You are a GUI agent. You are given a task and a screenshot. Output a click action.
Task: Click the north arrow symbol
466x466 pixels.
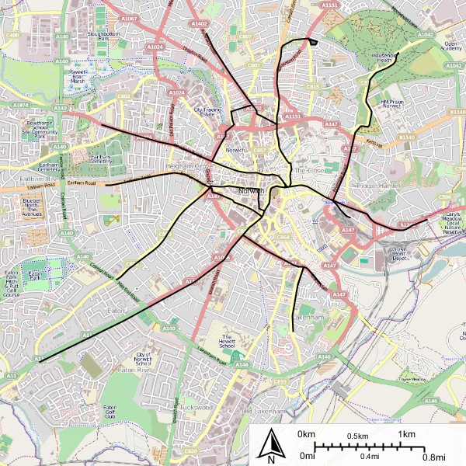[271, 446]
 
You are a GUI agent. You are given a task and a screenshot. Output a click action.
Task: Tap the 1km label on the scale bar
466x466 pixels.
[405, 433]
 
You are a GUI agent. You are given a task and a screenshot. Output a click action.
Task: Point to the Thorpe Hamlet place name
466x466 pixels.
[376, 186]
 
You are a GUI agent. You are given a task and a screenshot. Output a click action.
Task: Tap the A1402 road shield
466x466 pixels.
[199, 24]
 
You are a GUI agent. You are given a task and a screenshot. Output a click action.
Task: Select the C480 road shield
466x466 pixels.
[12, 35]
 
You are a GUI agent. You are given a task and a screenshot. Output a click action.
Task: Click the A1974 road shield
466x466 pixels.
[20, 103]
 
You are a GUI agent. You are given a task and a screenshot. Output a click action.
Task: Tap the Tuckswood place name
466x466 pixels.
[195, 407]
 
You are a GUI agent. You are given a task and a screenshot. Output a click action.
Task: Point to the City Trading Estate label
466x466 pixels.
[208, 113]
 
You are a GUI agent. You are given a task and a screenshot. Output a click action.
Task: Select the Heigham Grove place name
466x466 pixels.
[193, 166]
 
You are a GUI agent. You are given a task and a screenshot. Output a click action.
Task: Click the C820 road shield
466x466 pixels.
[190, 450]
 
